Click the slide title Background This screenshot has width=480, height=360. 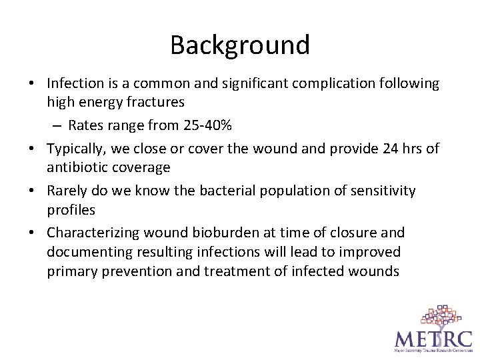click(240, 45)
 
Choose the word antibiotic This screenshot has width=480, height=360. click(76, 167)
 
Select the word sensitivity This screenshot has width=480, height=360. click(381, 191)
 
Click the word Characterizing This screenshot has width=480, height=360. click(95, 232)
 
